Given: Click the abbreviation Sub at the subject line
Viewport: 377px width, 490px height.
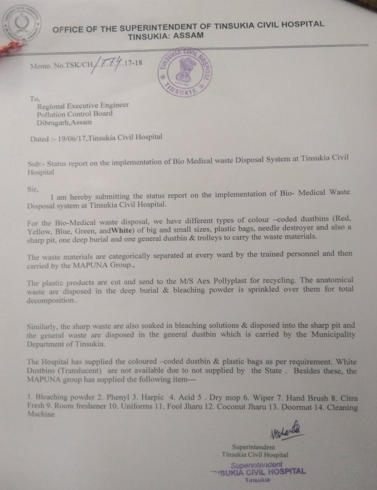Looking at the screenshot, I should point(37,159).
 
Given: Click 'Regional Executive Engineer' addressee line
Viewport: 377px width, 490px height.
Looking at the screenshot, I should point(83,105).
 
